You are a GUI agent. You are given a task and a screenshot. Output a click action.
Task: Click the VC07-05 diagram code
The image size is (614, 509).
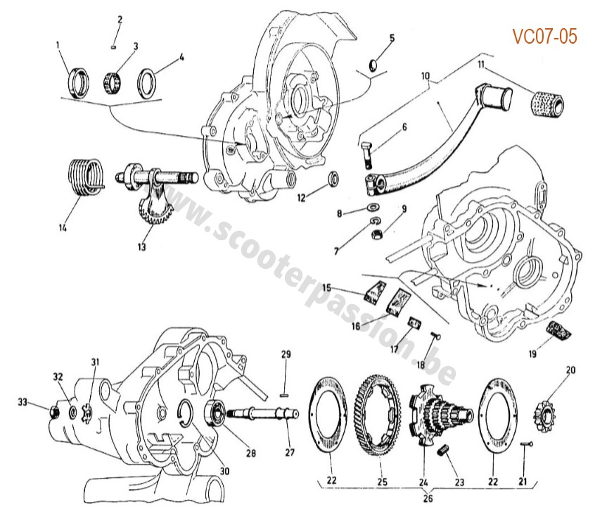tap(545, 36)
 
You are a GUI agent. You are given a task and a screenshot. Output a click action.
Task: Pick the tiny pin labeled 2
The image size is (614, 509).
tap(115, 46)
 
